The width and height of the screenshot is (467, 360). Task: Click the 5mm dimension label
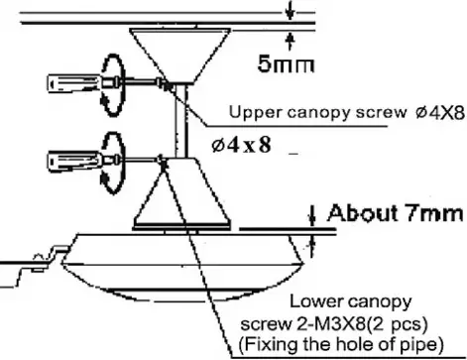[x=286, y=67]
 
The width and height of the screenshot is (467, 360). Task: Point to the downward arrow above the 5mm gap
[x=288, y=11]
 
